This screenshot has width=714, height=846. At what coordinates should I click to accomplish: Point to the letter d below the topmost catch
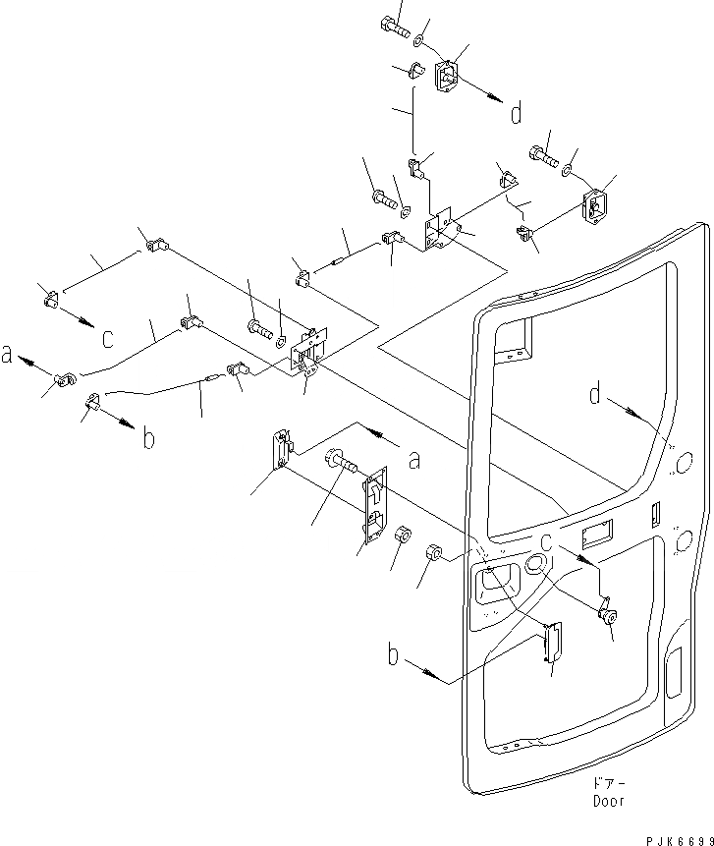515,114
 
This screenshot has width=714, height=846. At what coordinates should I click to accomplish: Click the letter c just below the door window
546,539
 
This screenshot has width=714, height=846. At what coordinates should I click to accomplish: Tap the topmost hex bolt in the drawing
392,27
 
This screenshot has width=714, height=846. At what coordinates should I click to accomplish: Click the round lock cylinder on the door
610,616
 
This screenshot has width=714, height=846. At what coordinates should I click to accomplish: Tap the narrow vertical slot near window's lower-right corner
655,514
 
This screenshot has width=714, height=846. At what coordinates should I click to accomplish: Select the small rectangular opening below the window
597,536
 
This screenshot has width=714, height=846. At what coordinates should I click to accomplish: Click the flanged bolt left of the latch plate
340,460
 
